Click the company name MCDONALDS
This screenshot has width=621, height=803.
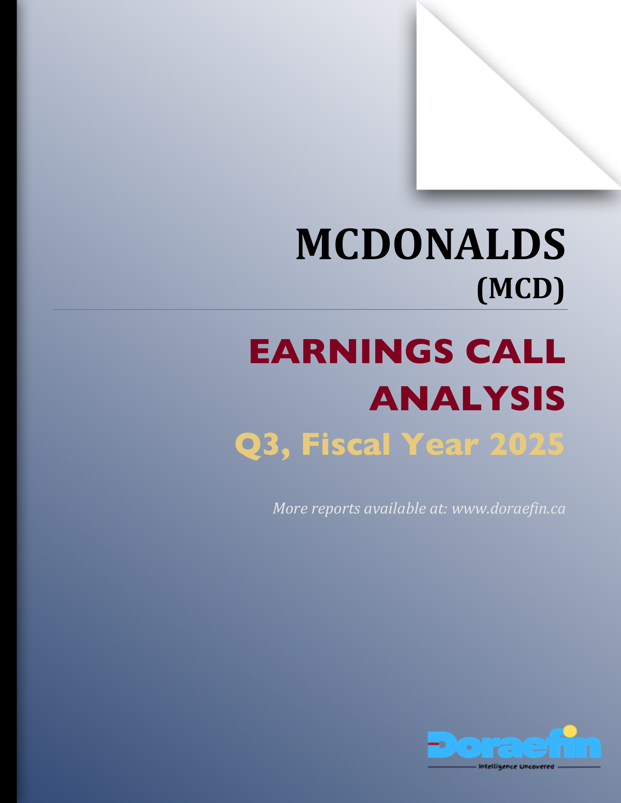click(430, 245)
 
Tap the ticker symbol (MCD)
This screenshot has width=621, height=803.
click(521, 289)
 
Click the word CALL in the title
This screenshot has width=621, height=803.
click(515, 351)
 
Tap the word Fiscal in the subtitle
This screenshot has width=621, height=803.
click(346, 445)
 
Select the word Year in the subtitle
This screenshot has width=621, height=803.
click(439, 445)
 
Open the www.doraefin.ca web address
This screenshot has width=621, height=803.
click(508, 508)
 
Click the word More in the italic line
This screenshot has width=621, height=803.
click(290, 508)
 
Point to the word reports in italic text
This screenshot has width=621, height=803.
click(335, 508)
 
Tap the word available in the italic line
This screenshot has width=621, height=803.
click(395, 508)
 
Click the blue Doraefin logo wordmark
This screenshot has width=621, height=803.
click(514, 745)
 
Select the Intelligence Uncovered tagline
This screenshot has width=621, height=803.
click(516, 766)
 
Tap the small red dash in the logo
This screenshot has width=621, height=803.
click(433, 744)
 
